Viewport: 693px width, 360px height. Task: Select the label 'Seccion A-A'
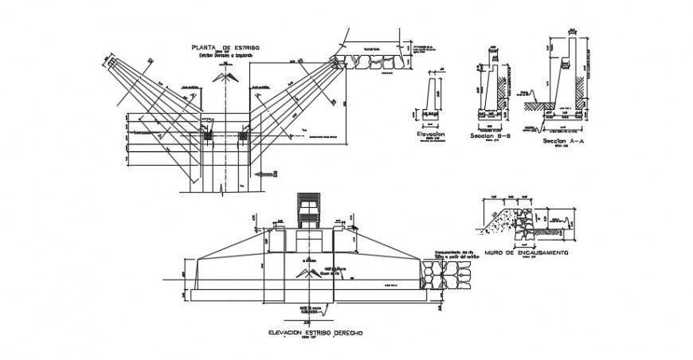click(x=558, y=141)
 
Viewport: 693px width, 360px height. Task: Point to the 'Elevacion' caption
click(x=430, y=135)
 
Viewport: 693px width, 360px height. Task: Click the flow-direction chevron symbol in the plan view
click(x=226, y=76)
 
